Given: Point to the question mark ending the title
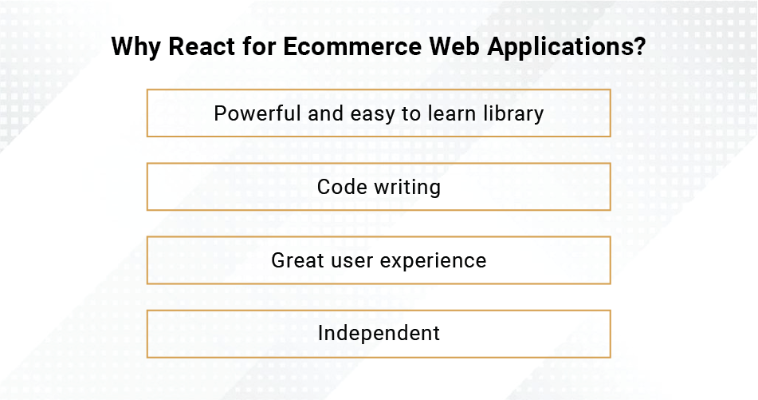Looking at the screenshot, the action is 639,46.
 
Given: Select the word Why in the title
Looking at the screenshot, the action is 135,47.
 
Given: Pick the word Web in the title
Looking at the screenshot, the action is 454,46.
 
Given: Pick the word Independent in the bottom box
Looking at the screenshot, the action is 379,334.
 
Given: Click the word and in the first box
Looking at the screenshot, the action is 326,113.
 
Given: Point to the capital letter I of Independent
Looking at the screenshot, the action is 320,333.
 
